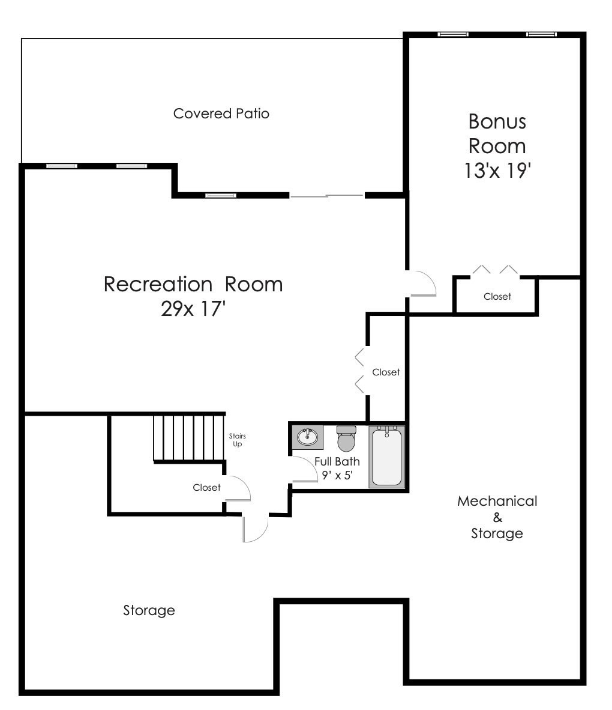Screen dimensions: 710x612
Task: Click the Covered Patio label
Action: (221, 114)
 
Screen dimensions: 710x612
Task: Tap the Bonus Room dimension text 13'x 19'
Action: (497, 171)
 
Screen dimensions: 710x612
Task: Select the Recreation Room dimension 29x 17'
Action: (193, 309)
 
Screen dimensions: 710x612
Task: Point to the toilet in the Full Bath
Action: (346, 438)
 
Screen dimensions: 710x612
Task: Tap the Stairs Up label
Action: (238, 440)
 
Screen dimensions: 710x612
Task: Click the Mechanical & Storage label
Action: (497, 517)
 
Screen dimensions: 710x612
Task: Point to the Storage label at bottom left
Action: (149, 611)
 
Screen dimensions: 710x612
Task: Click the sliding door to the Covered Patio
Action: (327, 195)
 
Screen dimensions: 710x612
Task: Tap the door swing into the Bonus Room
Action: (422, 284)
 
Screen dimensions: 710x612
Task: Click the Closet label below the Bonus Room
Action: (497, 297)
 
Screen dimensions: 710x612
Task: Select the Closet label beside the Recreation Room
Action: (386, 372)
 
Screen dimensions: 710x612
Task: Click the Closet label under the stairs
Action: (206, 488)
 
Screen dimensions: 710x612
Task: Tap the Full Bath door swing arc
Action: (305, 469)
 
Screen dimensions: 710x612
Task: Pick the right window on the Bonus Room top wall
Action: (541, 34)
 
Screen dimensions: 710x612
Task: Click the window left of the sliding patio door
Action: (220, 195)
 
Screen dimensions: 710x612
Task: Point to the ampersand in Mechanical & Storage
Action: (497, 517)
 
